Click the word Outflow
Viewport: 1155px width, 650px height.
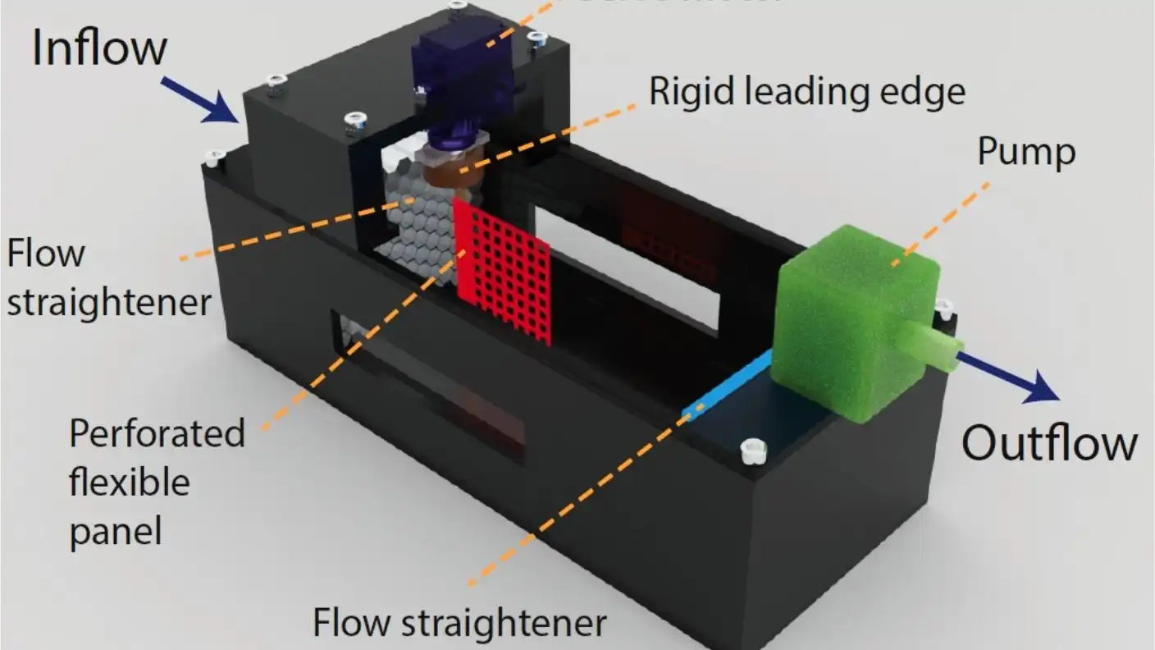pos(1049,443)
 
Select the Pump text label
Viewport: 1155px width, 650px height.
pos(1026,152)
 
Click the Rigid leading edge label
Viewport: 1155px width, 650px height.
pos(807,92)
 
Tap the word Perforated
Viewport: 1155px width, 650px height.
pos(157,433)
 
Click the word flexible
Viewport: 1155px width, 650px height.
pos(129,482)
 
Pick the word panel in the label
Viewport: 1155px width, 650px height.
pos(115,531)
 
